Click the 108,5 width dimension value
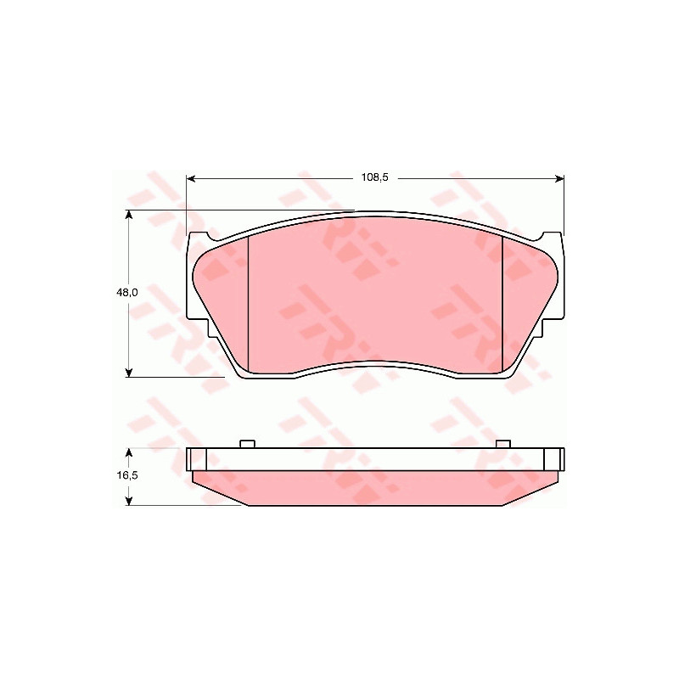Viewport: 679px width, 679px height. [x=375, y=177]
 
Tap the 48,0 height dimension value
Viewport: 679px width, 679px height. [x=126, y=293]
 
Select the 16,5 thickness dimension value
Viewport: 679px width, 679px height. [x=126, y=475]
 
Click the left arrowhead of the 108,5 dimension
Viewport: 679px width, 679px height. [x=191, y=178]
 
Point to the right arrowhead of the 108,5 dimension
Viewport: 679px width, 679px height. [x=559, y=178]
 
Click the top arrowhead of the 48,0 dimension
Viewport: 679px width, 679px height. [x=129, y=216]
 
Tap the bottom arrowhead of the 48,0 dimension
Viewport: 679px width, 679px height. [x=129, y=373]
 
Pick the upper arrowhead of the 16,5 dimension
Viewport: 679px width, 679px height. [x=129, y=452]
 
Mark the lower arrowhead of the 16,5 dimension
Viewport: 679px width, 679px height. [x=129, y=501]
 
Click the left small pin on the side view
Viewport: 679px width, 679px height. [x=247, y=444]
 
